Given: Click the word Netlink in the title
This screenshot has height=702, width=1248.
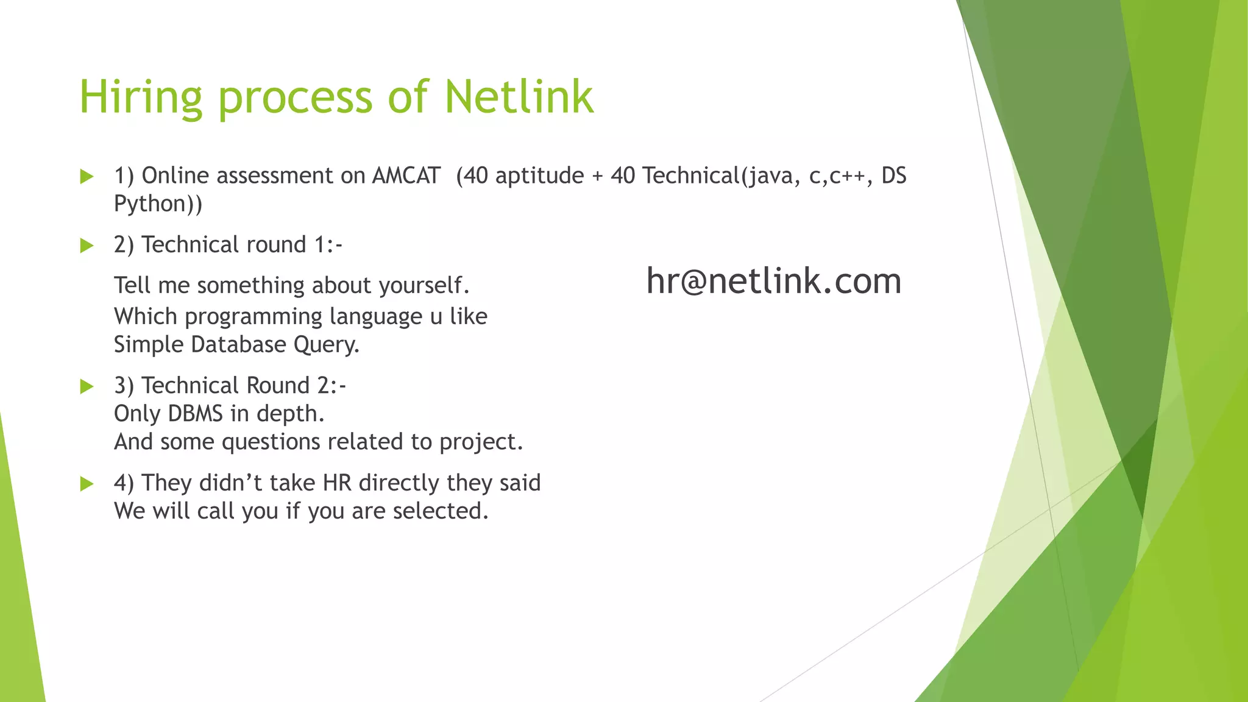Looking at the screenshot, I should pos(519,97).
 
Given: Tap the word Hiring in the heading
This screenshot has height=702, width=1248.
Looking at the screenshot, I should pos(140,98).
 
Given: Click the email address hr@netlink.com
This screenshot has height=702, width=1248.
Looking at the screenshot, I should pos(773,281).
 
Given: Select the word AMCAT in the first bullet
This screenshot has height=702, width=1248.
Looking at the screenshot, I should pos(406,175).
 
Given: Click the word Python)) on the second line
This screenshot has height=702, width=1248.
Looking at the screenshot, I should pos(158,204).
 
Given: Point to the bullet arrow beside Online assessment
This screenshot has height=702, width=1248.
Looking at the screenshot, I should pos(87,177).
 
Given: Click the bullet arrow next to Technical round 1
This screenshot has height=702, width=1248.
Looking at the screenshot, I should pos(87,246).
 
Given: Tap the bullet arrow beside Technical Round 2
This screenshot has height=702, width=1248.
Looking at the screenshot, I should pos(87,387).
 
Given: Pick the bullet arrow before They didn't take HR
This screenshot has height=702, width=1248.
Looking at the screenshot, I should pos(87,484).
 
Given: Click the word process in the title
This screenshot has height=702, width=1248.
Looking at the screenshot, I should pos(295,98).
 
